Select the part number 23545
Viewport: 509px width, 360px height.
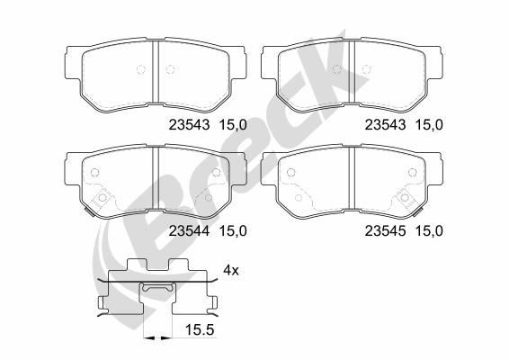click(x=383, y=229)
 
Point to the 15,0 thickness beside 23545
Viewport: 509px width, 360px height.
click(x=427, y=229)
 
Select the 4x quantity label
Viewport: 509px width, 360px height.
click(x=230, y=270)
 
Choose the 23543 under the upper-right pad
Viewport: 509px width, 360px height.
click(x=383, y=126)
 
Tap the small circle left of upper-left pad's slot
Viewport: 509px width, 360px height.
click(x=139, y=71)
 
